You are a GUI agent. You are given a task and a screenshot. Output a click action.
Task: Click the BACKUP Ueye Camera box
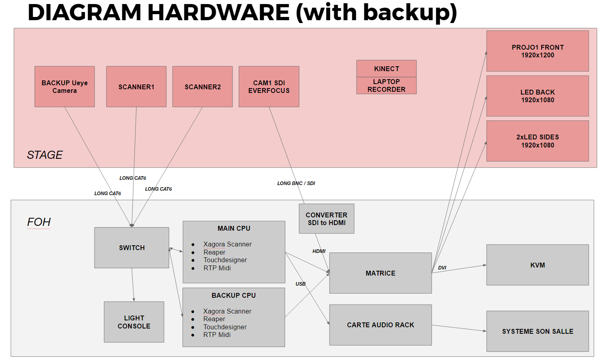(x=65, y=86)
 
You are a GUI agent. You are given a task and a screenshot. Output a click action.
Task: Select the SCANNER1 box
(x=136, y=86)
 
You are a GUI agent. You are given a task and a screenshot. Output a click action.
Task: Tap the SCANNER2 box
(x=202, y=86)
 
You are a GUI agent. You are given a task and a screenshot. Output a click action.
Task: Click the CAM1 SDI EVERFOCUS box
(x=269, y=86)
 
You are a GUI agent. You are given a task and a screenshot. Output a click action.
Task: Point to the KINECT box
(x=386, y=69)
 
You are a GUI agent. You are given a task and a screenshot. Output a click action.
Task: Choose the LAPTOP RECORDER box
(x=386, y=86)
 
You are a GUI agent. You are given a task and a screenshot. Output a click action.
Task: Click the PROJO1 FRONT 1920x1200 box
(x=538, y=51)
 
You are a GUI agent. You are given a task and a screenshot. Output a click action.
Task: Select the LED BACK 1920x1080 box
(x=538, y=96)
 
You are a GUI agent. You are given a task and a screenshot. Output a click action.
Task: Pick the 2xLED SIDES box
(x=538, y=141)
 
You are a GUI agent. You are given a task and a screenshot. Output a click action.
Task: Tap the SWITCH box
(x=132, y=248)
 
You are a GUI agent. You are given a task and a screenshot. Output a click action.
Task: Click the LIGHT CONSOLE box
(x=134, y=322)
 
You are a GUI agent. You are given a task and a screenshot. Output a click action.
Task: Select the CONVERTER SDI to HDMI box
(x=326, y=219)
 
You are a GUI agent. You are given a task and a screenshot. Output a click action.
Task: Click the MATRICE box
(x=380, y=273)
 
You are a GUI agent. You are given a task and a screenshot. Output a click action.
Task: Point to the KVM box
(x=538, y=265)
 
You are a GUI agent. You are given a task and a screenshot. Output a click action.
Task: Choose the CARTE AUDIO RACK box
(x=380, y=325)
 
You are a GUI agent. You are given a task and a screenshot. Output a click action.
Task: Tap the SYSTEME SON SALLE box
(x=538, y=331)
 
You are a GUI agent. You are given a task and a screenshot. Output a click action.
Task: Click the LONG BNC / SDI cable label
(x=296, y=183)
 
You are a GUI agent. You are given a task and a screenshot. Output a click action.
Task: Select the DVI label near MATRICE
(x=442, y=268)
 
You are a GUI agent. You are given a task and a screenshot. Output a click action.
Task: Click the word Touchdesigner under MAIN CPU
(x=225, y=260)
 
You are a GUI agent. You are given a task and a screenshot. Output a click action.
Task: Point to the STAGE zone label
(x=45, y=155)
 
